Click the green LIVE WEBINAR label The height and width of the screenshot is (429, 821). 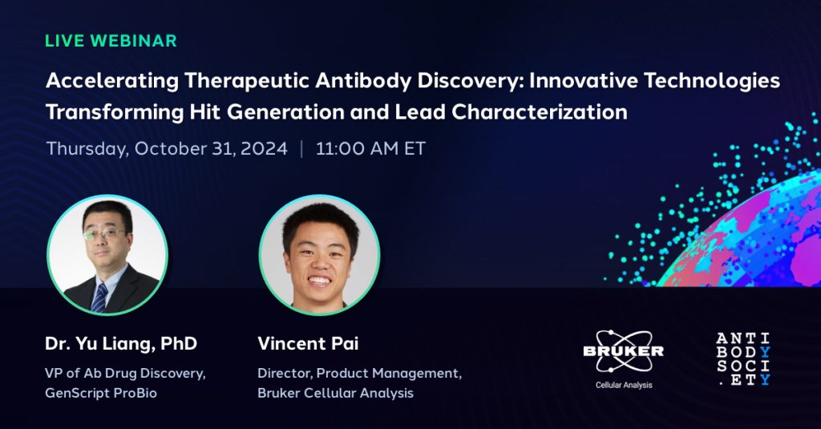[x=111, y=41]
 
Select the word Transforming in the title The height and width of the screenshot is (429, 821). [x=115, y=112]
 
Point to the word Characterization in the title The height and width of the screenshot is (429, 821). [x=540, y=112]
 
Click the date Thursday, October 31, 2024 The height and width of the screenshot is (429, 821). [x=167, y=149]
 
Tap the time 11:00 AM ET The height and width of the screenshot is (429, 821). [x=370, y=149]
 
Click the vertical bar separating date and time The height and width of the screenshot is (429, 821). [x=301, y=149]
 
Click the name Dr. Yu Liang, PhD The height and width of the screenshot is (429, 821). [x=121, y=344]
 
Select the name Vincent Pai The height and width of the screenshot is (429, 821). [x=308, y=344]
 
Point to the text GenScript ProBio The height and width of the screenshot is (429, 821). [x=101, y=393]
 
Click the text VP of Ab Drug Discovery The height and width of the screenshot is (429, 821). [x=125, y=374]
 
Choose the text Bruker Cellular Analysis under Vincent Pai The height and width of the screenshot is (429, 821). [x=336, y=393]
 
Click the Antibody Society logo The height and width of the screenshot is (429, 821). [x=743, y=359]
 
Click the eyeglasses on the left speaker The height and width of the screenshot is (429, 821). [x=103, y=233]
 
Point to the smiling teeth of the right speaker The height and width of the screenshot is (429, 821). [x=319, y=281]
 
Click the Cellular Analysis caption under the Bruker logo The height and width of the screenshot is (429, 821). [x=624, y=385]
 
